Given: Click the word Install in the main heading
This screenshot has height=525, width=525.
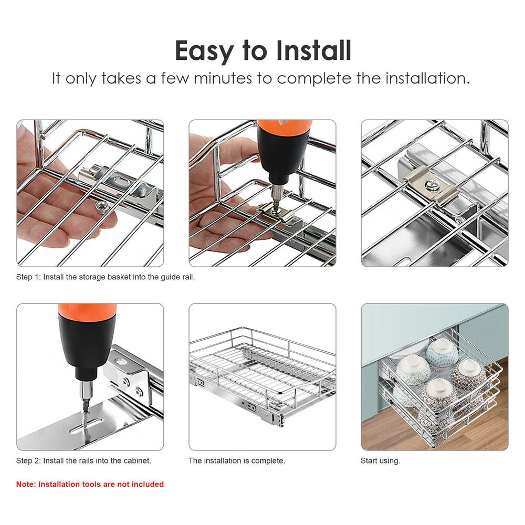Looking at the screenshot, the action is pos(314,50).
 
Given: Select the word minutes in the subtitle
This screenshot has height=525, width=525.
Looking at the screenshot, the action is pos(223,79).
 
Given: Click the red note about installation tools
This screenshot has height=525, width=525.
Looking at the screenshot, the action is pos(90,484).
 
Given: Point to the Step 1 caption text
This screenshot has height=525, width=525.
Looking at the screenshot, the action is pos(106,277).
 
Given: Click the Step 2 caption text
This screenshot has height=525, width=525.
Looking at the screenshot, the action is pos(83,461).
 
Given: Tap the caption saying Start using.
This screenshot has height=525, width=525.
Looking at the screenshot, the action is pos(380,461).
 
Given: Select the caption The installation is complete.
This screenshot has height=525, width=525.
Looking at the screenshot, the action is pos(237,461).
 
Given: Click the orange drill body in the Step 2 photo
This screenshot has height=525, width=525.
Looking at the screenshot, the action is pos(87,309).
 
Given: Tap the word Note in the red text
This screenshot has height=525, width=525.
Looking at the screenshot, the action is pos(26,484).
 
